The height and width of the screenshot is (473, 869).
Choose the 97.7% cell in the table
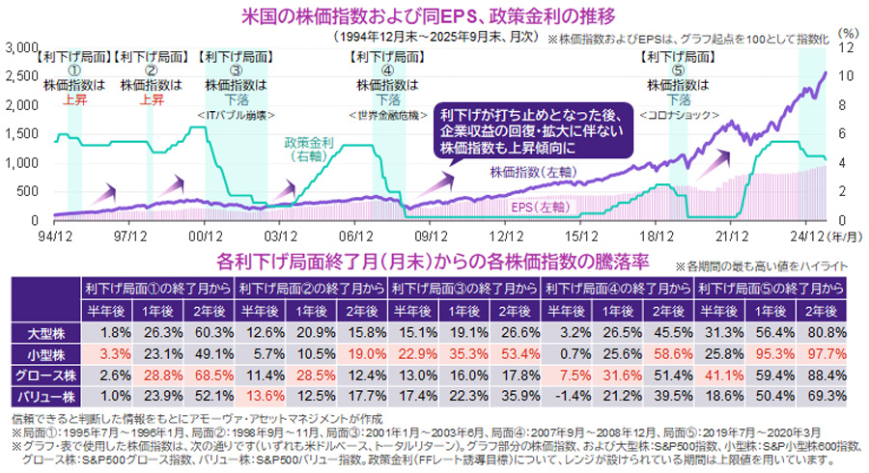point(824,354)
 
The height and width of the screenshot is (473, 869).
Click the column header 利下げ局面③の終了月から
point(463,288)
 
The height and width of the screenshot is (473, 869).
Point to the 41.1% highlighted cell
point(720,375)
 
